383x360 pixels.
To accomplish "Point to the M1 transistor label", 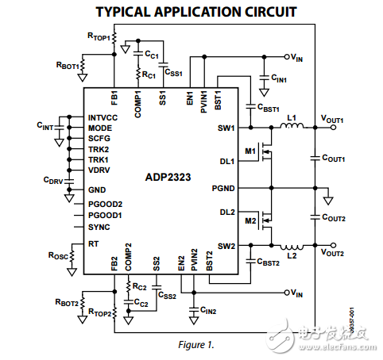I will point(250,150).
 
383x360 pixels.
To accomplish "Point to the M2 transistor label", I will point(250,220).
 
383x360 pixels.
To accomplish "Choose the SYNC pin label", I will point(99,227).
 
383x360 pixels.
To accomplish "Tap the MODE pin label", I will point(100,128).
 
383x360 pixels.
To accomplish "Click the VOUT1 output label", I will point(331,119).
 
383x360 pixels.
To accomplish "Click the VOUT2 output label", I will point(331,253).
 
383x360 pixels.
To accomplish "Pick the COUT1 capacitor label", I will point(334,159).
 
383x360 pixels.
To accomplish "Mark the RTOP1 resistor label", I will point(98,36).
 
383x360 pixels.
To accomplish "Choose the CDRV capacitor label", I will point(53,180).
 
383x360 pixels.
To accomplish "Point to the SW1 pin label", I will point(226,128).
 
